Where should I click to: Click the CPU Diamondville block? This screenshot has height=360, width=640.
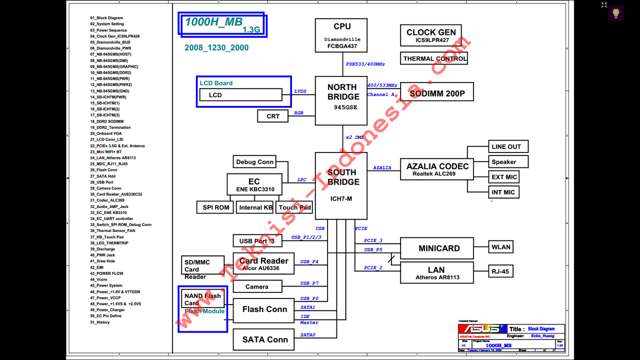click(341, 35)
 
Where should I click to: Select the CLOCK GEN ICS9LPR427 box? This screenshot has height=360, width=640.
click(431, 36)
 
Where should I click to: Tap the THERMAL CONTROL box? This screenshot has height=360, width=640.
click(434, 58)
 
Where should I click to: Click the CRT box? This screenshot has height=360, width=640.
click(273, 116)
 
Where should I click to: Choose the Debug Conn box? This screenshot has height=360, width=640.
click(254, 161)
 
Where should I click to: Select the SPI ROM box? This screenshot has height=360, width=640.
click(216, 207)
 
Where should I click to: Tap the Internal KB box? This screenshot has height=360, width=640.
click(255, 207)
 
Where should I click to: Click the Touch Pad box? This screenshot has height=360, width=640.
click(294, 207)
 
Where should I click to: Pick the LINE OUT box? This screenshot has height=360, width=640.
click(506, 146)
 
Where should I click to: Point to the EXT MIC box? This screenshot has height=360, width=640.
click(504, 177)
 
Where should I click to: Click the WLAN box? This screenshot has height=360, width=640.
click(500, 247)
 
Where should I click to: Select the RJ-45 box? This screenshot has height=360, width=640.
click(500, 271)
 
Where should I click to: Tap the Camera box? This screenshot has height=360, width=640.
click(257, 286)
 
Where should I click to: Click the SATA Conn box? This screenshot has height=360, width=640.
click(264, 339)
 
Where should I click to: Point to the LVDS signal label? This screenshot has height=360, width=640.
click(300, 91)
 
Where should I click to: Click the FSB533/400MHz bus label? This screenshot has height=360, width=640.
click(365, 64)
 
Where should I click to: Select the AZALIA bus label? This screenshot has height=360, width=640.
click(382, 167)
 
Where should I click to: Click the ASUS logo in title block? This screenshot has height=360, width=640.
click(481, 329)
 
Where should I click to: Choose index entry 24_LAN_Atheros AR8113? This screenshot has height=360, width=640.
click(113, 158)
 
